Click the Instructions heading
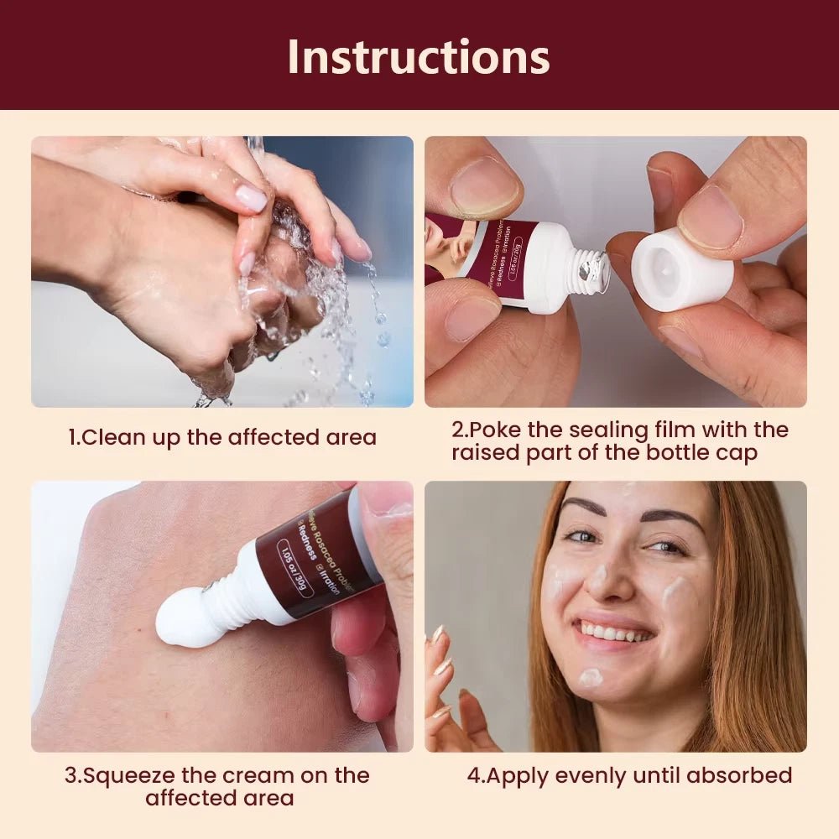[419, 56]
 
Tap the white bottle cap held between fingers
[681, 271]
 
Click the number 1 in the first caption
[72, 437]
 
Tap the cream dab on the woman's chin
[591, 677]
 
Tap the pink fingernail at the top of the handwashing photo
[251, 199]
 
